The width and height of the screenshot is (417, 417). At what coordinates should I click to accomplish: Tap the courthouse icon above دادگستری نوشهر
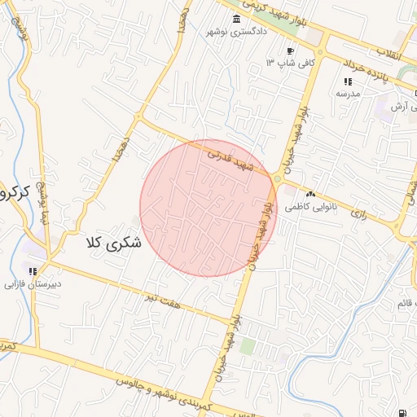236,19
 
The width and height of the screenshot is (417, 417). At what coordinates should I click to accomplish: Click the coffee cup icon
268,51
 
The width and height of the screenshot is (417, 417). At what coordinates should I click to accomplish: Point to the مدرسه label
348,94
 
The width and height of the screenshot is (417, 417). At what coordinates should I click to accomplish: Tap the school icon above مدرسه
348,81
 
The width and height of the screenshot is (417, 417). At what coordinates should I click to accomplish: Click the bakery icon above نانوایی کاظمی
309,195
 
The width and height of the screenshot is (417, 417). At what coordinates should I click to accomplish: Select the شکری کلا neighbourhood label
113,242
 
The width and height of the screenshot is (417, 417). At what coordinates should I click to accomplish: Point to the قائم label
402,303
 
